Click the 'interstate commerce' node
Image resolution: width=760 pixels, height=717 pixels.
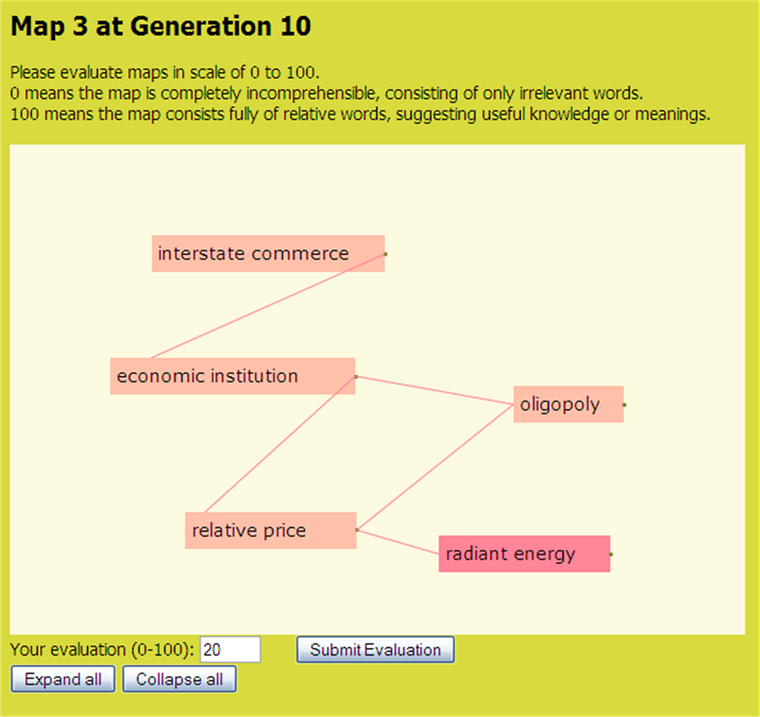(x=268, y=253)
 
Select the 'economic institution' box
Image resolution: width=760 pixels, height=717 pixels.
(x=233, y=377)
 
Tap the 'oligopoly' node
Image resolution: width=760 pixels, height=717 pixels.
(x=569, y=404)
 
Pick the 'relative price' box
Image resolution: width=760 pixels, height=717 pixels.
(x=271, y=530)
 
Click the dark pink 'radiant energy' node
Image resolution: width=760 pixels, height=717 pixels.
(x=525, y=554)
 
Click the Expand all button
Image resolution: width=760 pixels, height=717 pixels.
(x=63, y=679)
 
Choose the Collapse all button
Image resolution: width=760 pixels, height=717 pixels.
(x=180, y=679)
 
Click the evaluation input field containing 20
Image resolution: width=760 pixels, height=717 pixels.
(x=231, y=650)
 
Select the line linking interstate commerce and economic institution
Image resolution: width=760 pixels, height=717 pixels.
(x=268, y=306)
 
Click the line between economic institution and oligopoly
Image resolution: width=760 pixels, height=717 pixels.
(x=435, y=390)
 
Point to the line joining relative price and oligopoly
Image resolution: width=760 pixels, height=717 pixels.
(x=435, y=468)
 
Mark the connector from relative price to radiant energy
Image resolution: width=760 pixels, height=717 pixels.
(x=398, y=542)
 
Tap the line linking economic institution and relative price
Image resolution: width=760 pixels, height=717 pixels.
(x=280, y=445)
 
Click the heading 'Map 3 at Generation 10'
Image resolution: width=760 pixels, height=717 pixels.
(x=161, y=26)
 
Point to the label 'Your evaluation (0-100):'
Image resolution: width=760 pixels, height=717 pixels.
(x=102, y=650)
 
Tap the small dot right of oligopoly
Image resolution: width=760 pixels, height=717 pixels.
(x=625, y=405)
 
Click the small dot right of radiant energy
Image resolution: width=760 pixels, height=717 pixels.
(x=611, y=554)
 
